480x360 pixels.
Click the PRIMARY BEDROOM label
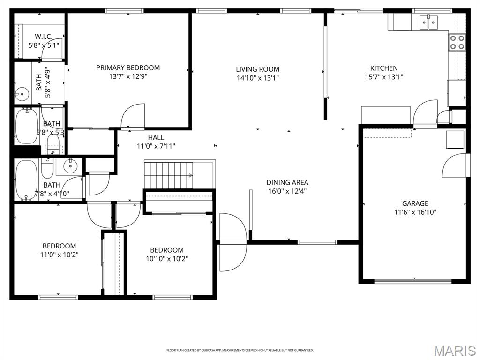pos(128,67)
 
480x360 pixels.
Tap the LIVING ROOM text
pos(257,69)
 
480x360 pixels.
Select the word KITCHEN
pos(384,68)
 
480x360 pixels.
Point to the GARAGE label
pos(415,203)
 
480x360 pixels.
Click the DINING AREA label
pos(287,182)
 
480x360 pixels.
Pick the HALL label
pos(156,137)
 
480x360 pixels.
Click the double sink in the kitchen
pos(428,21)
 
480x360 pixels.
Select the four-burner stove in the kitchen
pos(457,42)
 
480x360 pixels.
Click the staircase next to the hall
pos(168,175)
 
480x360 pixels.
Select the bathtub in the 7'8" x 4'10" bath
pos(23,180)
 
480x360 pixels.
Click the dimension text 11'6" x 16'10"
pos(415,211)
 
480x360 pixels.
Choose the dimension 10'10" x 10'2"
pos(166,258)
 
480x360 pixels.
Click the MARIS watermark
pos(455,350)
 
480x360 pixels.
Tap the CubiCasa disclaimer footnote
pos(240,350)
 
